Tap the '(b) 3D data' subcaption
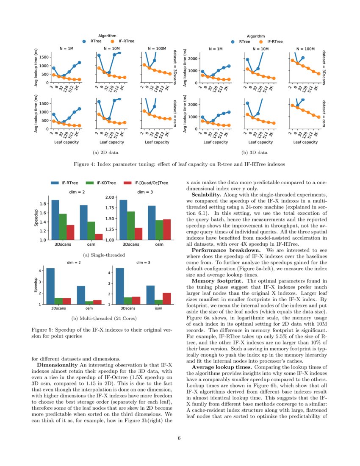pos(254,152)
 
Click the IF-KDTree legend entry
pos(102,183)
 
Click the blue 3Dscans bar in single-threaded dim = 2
pos(55,220)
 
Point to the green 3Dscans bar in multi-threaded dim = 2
pos(59,301)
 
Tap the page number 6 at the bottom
pos(180,438)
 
